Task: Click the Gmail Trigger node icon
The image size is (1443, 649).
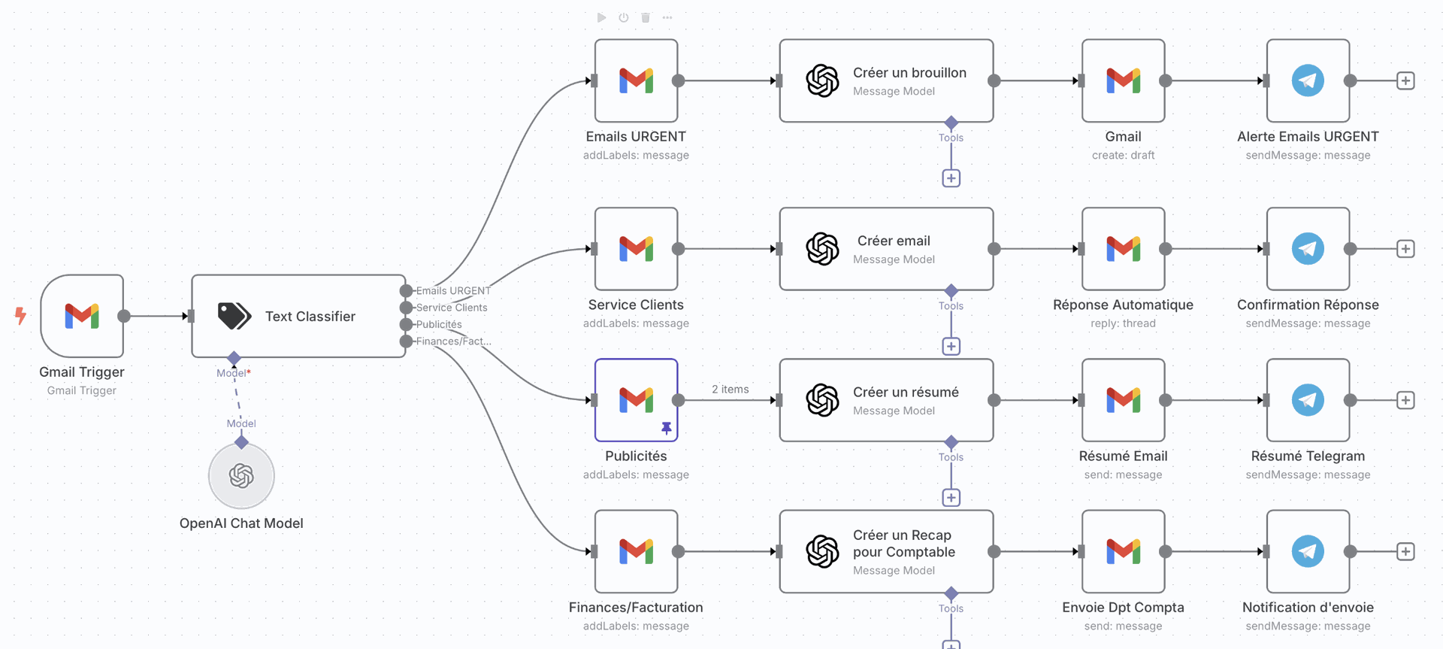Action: [x=82, y=316]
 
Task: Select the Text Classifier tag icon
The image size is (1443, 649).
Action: [x=234, y=316]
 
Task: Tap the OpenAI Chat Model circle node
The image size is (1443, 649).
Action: [x=241, y=476]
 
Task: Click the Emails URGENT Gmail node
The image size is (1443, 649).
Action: [x=636, y=80]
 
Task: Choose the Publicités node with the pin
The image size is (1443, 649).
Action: [x=636, y=400]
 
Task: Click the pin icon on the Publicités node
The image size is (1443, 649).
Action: [x=666, y=428]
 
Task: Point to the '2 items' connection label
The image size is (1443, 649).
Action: [x=730, y=390]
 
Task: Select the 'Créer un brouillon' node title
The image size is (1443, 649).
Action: [x=909, y=73]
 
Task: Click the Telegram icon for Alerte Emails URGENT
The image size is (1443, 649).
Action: [x=1308, y=80]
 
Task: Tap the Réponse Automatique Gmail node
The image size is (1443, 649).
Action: [x=1123, y=249]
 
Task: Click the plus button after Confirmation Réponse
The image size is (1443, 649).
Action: [x=1405, y=249]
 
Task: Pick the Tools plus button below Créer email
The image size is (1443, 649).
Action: [x=951, y=347]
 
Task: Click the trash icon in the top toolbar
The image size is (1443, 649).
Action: [x=646, y=17]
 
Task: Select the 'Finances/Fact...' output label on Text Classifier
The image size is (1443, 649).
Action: [x=453, y=341]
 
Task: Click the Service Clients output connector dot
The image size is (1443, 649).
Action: [x=407, y=308]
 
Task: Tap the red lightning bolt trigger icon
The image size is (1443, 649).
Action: [x=20, y=316]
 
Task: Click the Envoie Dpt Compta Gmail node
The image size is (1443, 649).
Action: [x=1123, y=551]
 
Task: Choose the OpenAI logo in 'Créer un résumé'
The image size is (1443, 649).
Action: [x=822, y=400]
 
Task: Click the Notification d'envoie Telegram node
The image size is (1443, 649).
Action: [x=1308, y=551]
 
